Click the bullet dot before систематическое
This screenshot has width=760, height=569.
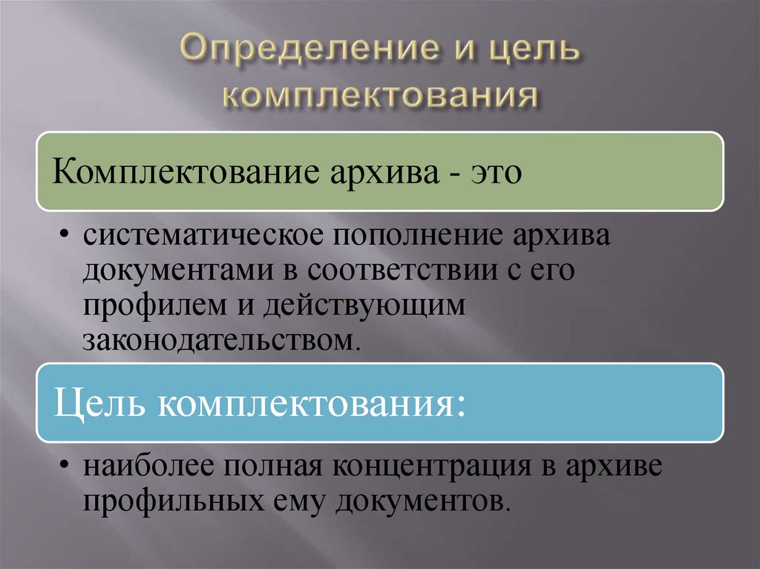point(66,239)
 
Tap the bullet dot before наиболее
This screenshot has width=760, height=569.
point(66,468)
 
